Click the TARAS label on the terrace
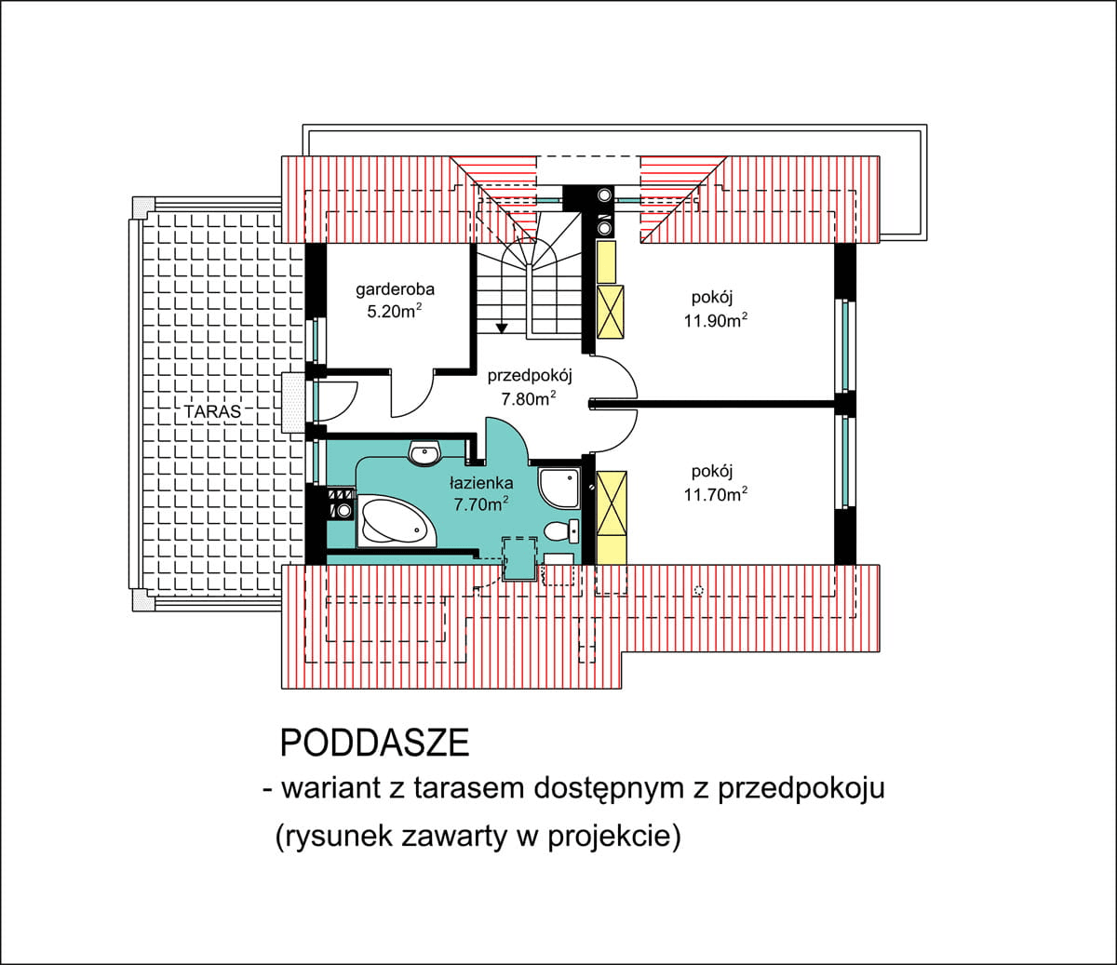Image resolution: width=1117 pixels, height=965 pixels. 211,410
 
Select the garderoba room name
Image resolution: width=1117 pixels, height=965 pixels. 395,289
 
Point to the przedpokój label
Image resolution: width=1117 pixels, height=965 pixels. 529,376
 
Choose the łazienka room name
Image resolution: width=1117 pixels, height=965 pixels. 481,483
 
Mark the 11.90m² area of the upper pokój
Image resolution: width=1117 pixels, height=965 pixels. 716,321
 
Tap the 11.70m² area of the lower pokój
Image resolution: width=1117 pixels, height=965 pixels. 715,494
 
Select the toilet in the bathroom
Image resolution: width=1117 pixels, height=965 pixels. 561,531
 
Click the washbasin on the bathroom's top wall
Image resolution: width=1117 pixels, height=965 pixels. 424,454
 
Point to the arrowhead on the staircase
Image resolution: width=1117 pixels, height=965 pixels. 502,327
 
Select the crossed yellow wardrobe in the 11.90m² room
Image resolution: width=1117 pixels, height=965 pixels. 610,312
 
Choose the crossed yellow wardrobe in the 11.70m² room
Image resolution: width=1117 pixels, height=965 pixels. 612,503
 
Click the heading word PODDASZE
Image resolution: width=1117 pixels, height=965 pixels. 374,743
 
